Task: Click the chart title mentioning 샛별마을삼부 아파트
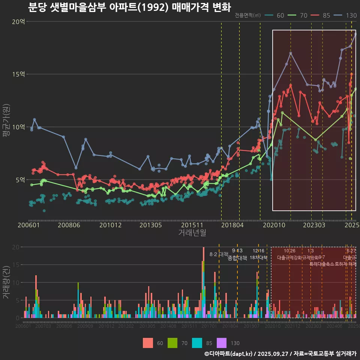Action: click(x=129, y=7)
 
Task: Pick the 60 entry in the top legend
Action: click(x=280, y=15)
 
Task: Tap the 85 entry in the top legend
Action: click(x=326, y=15)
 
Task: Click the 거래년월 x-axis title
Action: click(x=192, y=233)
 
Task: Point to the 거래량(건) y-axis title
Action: click(x=6, y=282)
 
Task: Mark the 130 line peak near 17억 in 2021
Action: click(x=291, y=53)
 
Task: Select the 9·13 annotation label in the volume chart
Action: click(x=237, y=250)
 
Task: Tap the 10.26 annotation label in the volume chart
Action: click(x=289, y=250)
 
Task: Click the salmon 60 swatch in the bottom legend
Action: click(x=148, y=343)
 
